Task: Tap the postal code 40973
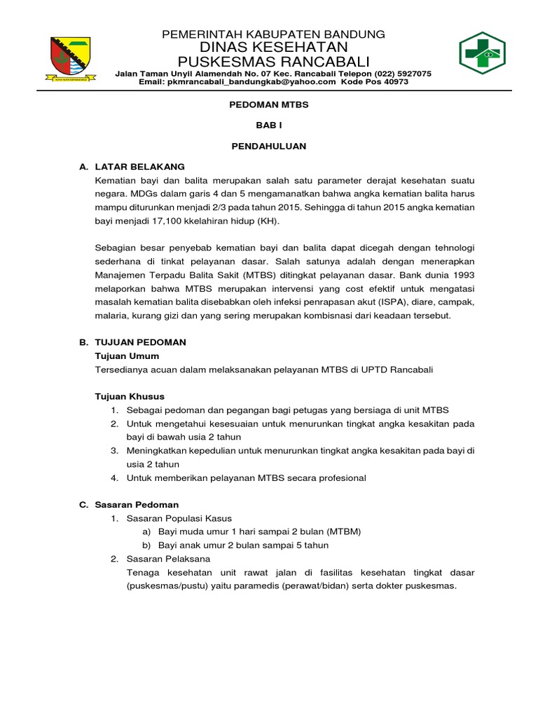tap(394, 82)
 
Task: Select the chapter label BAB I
tap(270, 126)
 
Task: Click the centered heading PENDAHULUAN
tap(270, 147)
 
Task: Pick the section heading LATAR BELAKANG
tap(139, 167)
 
